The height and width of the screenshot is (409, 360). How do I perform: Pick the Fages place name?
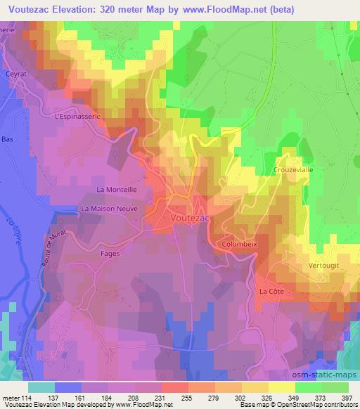[x=110, y=253]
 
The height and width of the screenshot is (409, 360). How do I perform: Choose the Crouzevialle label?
[x=292, y=170]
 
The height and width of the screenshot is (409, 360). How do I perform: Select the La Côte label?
[x=271, y=291]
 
